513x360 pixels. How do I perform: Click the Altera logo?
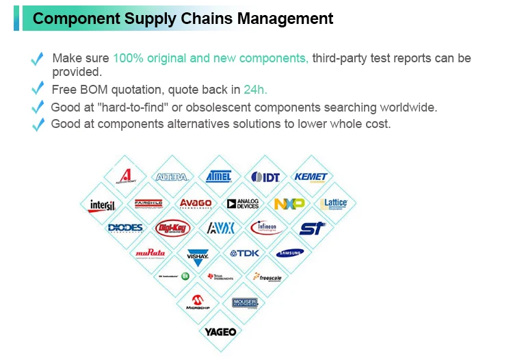click(x=172, y=177)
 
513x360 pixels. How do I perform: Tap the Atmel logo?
click(x=219, y=176)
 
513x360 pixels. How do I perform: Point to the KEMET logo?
click(x=311, y=177)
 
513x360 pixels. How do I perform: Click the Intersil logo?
click(x=103, y=205)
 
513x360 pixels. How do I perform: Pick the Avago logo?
click(x=196, y=203)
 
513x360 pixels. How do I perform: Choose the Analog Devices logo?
click(x=242, y=204)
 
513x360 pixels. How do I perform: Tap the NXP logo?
click(x=289, y=204)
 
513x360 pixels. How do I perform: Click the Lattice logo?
click(x=334, y=203)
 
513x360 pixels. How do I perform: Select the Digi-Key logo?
click(x=172, y=227)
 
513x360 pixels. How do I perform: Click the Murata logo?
click(x=150, y=253)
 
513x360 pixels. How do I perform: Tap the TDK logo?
click(x=244, y=253)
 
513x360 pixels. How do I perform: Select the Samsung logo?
click(x=290, y=253)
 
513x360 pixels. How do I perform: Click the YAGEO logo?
click(x=220, y=332)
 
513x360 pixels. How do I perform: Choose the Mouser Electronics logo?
click(x=244, y=303)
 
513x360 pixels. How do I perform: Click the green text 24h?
click(x=255, y=90)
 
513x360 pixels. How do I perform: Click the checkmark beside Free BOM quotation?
click(x=38, y=90)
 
